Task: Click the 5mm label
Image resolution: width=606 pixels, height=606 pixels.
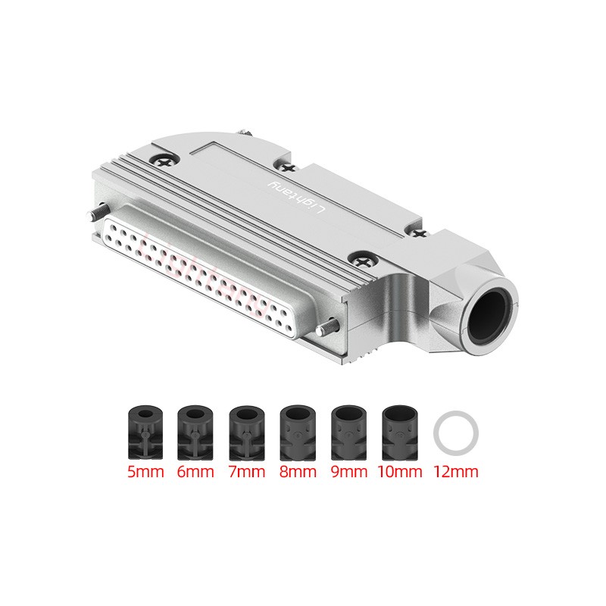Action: pyautogui.click(x=145, y=472)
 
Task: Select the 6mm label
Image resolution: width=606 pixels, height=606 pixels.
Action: pyautogui.click(x=195, y=472)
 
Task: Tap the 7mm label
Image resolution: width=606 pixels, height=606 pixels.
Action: pyautogui.click(x=247, y=472)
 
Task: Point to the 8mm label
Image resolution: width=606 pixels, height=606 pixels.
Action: pyautogui.click(x=298, y=472)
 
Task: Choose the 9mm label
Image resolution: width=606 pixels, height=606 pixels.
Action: pyautogui.click(x=349, y=472)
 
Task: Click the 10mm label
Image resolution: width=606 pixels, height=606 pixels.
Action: pyautogui.click(x=400, y=472)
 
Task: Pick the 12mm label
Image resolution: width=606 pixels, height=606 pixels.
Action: pyautogui.click(x=456, y=472)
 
